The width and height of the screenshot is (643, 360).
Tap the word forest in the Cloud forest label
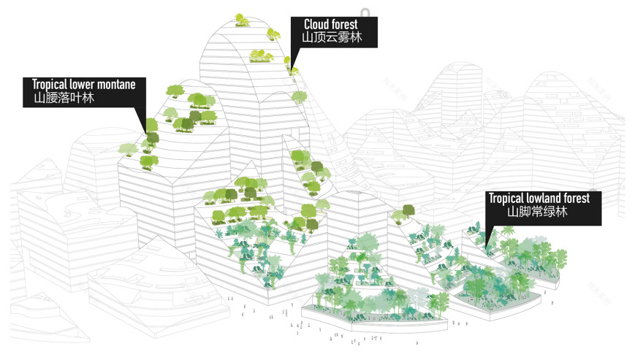click(346, 25)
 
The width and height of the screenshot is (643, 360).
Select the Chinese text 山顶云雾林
click(332, 37)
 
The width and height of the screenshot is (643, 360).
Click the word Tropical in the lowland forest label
click(509, 198)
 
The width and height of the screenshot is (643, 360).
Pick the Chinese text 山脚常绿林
click(537, 212)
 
